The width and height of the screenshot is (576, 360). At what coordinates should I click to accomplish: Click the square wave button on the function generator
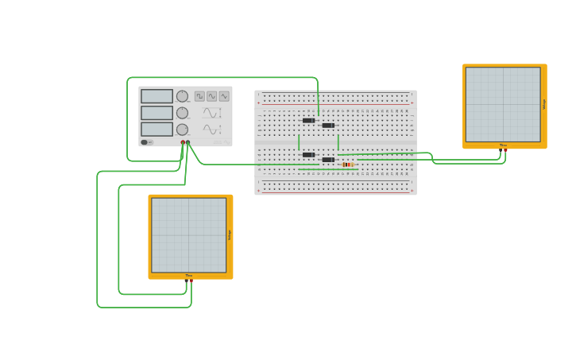click(199, 96)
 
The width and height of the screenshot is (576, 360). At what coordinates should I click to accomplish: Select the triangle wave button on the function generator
click(224, 96)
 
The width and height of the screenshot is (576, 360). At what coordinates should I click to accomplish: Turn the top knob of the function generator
click(182, 96)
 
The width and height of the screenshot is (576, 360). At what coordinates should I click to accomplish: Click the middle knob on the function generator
click(182, 113)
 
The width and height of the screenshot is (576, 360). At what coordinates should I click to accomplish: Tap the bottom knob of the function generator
click(182, 130)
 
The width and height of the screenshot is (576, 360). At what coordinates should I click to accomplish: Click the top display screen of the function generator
click(157, 96)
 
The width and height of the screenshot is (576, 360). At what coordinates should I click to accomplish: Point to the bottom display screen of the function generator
click(157, 129)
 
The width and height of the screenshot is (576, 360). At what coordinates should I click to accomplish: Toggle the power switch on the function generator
click(146, 142)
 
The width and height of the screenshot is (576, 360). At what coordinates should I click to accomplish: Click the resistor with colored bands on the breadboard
click(348, 165)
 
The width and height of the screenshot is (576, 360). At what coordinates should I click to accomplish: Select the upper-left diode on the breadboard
click(308, 121)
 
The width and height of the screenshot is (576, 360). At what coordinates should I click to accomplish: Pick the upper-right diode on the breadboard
click(328, 126)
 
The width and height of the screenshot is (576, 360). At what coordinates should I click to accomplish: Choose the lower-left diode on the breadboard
click(308, 155)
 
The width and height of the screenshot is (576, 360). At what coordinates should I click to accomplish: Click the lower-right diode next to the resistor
click(328, 160)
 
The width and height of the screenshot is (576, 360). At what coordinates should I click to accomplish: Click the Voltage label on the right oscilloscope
click(544, 103)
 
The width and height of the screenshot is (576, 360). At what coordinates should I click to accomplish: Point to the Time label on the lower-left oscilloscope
click(189, 276)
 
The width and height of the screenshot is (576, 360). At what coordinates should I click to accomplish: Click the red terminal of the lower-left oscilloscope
click(191, 280)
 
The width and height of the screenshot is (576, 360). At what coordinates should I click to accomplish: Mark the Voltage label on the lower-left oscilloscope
click(230, 234)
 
